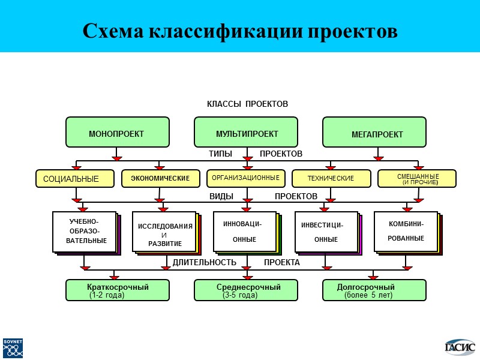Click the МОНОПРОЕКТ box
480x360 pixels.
point(117,133)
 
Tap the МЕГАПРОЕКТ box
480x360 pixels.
point(374,133)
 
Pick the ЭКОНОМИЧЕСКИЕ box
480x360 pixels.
point(160,178)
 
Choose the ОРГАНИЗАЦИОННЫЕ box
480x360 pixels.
point(245,178)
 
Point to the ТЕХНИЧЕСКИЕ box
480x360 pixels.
point(331,178)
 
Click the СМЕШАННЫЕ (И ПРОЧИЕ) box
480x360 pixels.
point(416,178)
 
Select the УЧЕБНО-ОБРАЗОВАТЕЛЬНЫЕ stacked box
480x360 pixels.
point(84,232)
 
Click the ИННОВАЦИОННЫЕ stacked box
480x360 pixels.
point(244,232)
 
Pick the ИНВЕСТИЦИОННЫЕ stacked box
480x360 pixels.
point(326,232)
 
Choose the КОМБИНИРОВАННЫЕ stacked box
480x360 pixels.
point(406,231)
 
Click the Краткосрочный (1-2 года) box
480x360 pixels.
point(117,290)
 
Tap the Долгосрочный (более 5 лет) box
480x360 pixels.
point(374,290)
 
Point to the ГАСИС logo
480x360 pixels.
point(460,346)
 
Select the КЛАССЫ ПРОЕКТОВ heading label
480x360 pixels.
point(247,104)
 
